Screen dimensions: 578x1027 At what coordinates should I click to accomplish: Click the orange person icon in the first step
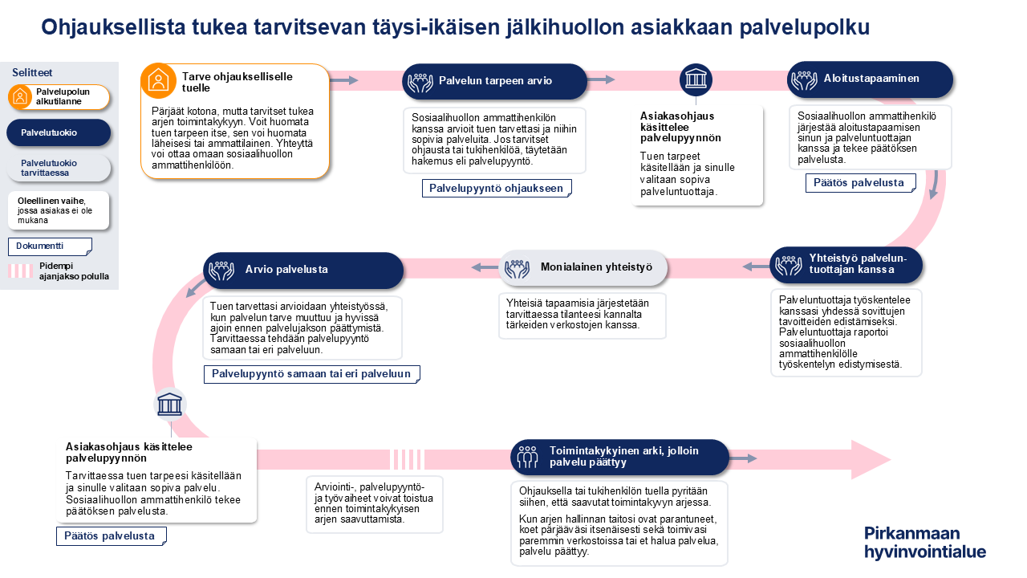click(x=158, y=80)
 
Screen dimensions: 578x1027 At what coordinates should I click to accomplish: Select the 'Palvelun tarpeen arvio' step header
click(x=494, y=80)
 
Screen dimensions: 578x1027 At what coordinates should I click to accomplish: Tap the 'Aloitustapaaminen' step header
click(x=870, y=79)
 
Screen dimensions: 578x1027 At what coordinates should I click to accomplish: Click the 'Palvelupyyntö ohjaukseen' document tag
click(x=497, y=188)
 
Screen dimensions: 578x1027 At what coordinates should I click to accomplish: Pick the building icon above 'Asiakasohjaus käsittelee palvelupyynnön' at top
click(x=696, y=80)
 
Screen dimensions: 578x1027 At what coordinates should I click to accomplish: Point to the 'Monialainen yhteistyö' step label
click(x=583, y=267)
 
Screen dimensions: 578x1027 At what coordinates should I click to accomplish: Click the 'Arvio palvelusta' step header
click(x=303, y=270)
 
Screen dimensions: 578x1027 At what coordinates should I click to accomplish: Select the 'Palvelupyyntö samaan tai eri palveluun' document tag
click(x=311, y=374)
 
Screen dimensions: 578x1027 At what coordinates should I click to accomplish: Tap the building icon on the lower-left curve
click(x=170, y=405)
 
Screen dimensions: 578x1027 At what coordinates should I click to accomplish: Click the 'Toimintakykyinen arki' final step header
click(x=619, y=457)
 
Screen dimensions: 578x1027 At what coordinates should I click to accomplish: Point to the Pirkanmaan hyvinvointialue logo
click(x=924, y=543)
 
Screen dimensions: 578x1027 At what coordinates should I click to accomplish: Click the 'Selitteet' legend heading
click(x=32, y=73)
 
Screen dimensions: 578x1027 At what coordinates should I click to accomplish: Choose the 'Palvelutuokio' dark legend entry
click(x=58, y=132)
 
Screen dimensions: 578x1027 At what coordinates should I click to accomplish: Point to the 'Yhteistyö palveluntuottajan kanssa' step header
click(x=846, y=264)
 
